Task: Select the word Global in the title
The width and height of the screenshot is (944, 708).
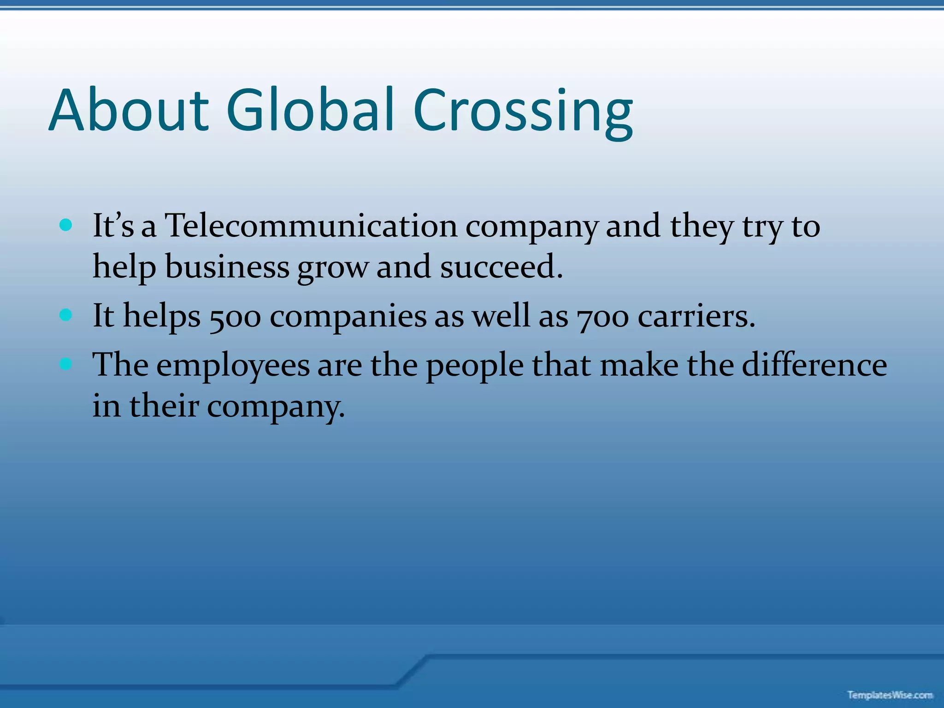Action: pos(310,111)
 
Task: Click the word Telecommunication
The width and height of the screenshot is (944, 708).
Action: pos(311,226)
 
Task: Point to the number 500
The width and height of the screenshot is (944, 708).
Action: pos(235,318)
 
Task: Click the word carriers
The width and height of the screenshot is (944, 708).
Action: pos(696,317)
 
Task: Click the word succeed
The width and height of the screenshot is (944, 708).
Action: pos(501,267)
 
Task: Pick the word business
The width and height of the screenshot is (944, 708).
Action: pos(227,267)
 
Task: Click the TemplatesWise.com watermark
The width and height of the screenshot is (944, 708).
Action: pos(890,695)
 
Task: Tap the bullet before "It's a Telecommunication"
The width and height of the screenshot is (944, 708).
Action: pos(66,225)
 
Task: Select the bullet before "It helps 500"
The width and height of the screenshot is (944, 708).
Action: pos(66,315)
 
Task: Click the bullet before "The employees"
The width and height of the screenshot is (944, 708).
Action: pos(66,364)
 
